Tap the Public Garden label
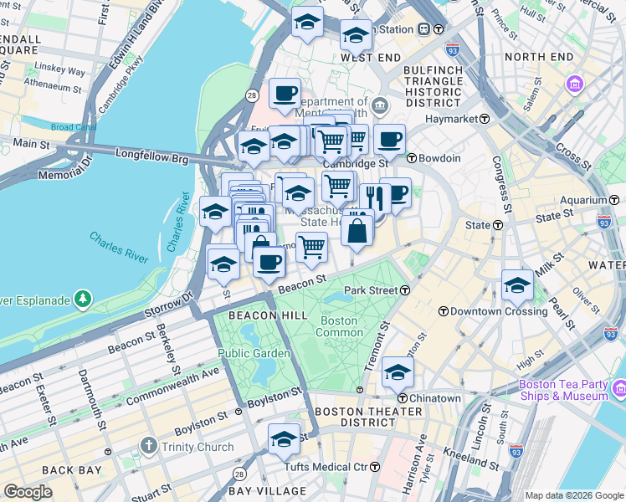tap(254, 353)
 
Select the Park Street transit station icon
tap(405, 290)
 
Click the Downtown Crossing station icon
tap(444, 311)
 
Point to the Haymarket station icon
tap(484, 120)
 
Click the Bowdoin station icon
tap(412, 157)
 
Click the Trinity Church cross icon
tap(148, 447)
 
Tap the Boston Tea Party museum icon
tap(620, 389)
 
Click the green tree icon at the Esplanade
tap(82, 299)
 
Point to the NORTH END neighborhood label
tap(538, 57)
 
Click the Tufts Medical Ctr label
tap(326, 467)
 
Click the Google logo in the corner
tap(28, 492)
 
